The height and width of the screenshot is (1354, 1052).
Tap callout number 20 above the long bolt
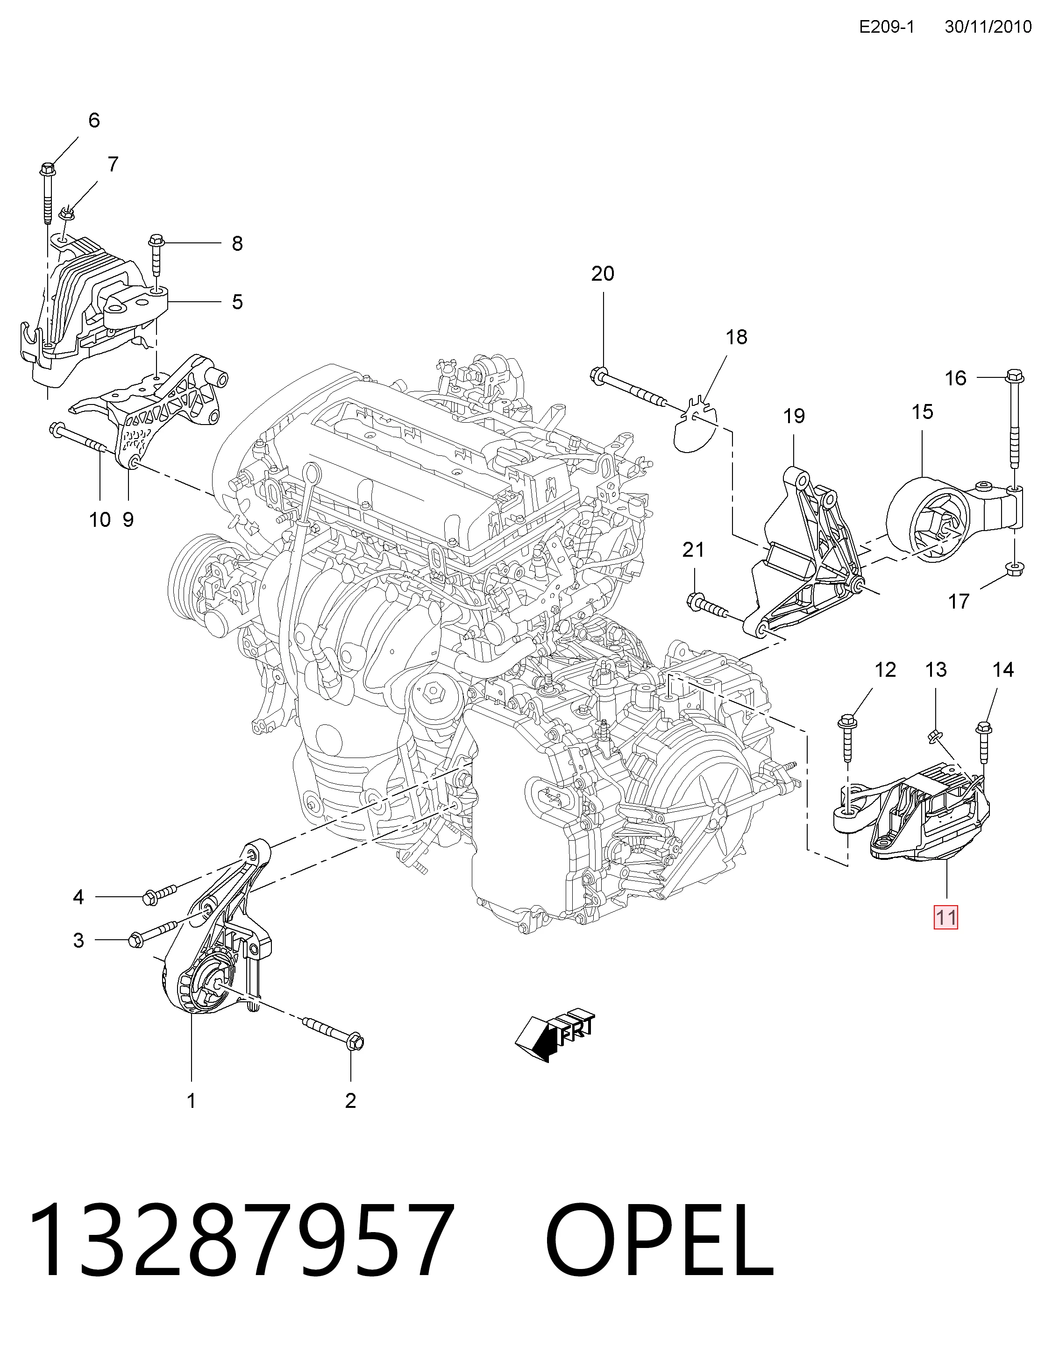pyautogui.click(x=603, y=273)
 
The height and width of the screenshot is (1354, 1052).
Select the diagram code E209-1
pyautogui.click(x=887, y=27)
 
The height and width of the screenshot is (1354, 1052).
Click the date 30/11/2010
pyautogui.click(x=988, y=27)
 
